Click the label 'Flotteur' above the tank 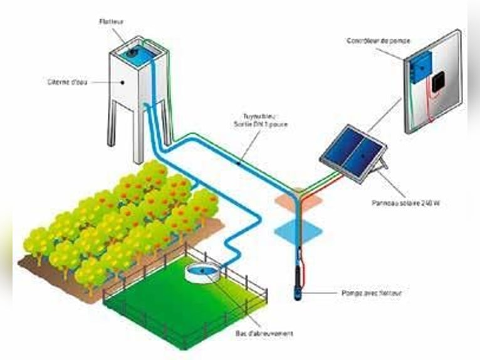pyautogui.click(x=111, y=21)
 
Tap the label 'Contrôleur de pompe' pyautogui.click(x=378, y=41)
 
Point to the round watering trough pyautogui.click(x=202, y=273)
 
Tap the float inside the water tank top pyautogui.click(x=134, y=53)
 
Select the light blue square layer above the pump pyautogui.click(x=298, y=230)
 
